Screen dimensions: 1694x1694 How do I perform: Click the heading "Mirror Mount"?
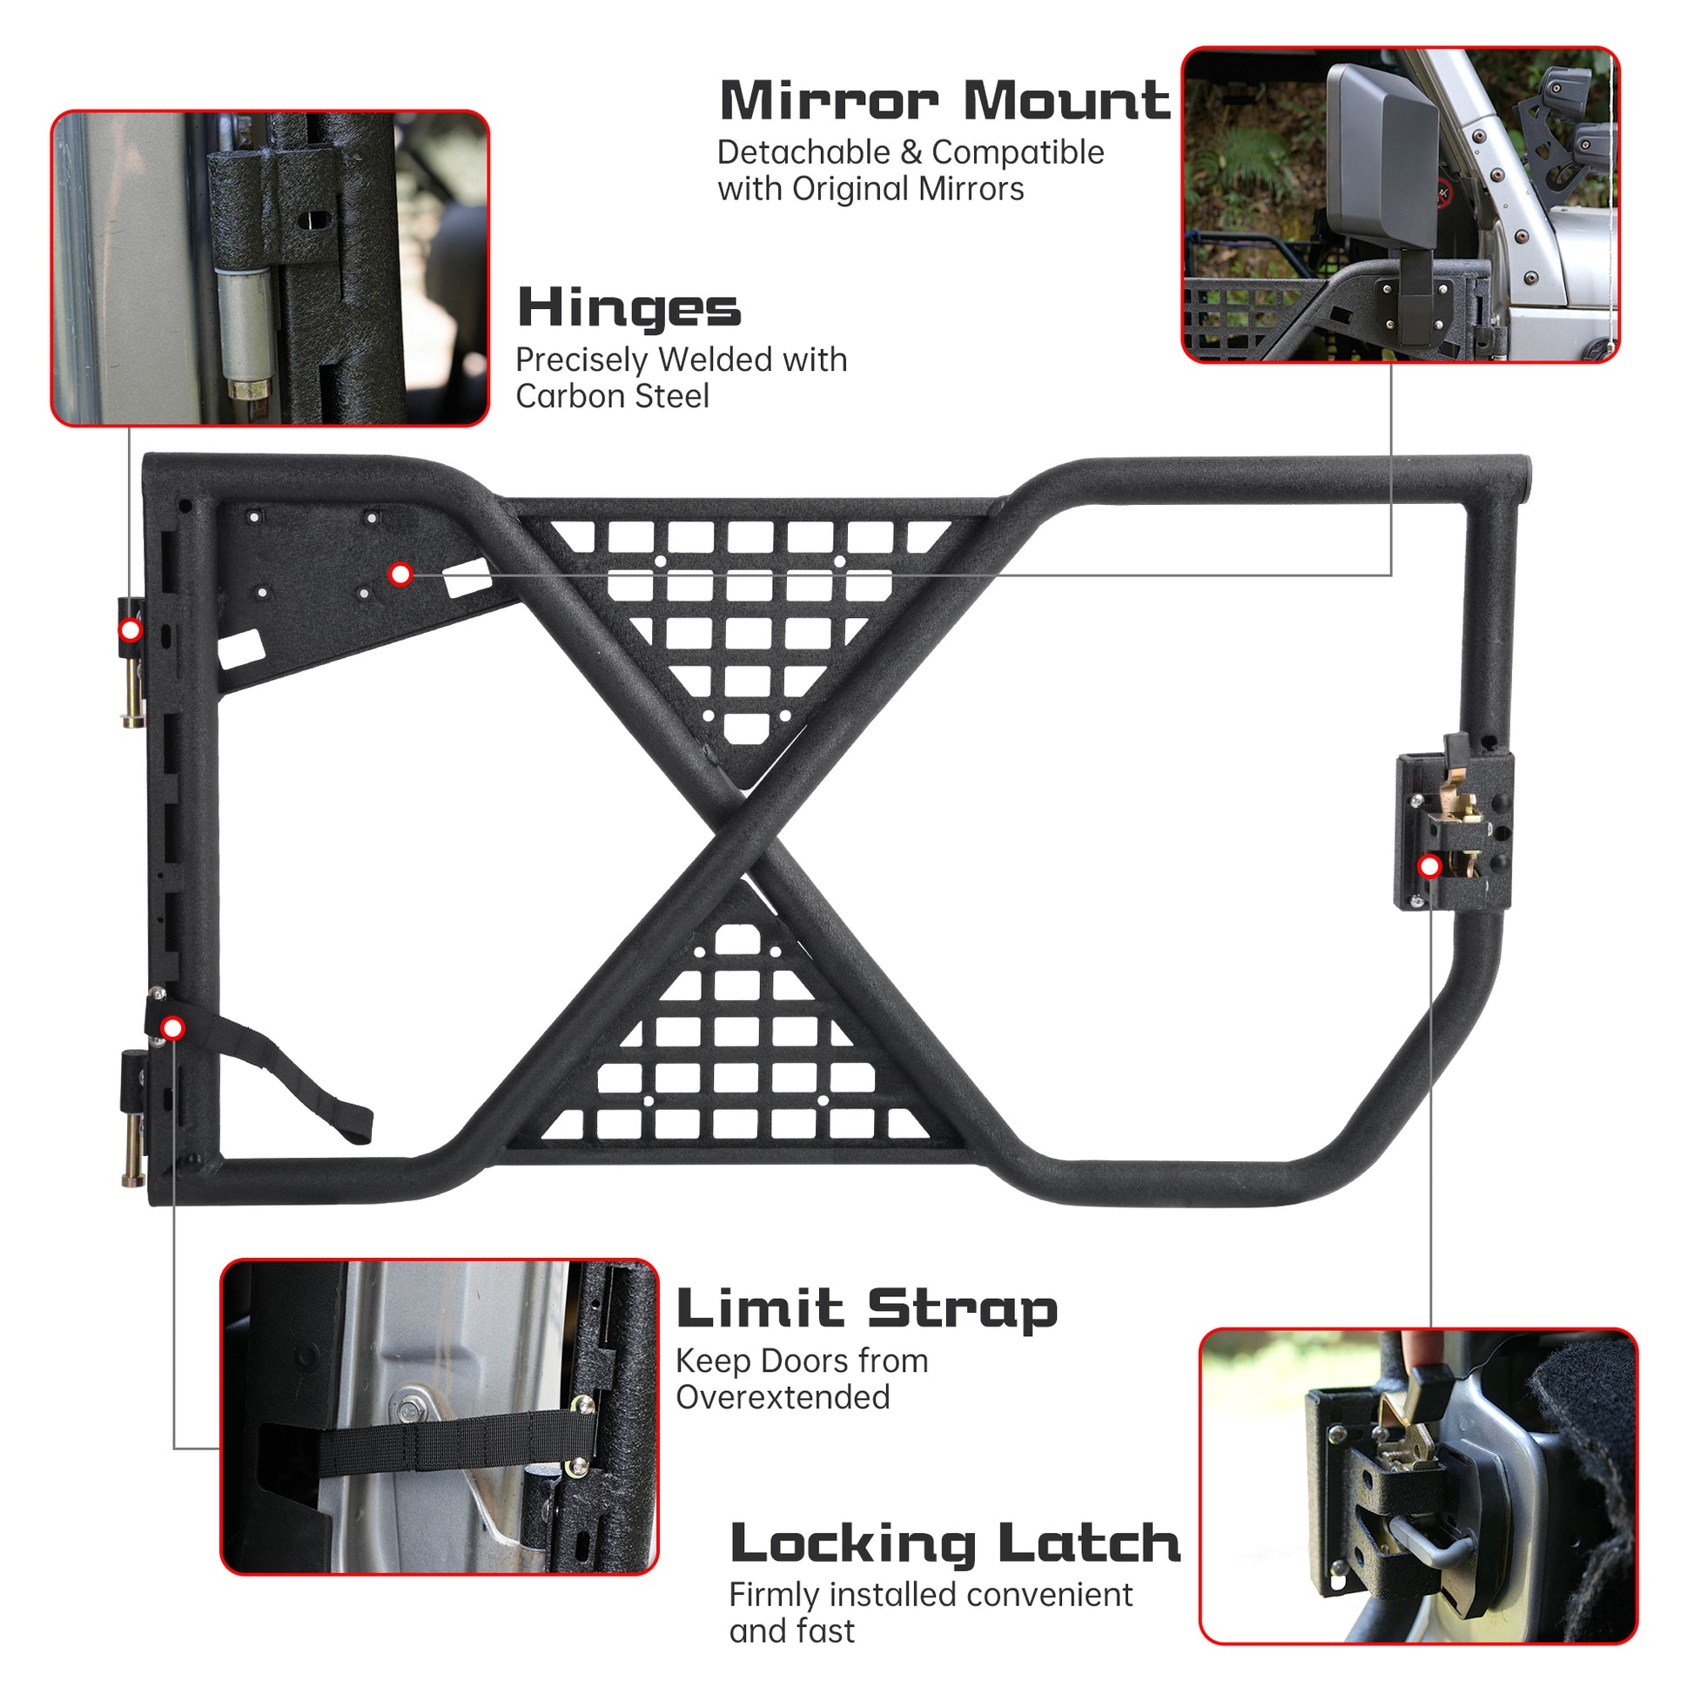click(944, 101)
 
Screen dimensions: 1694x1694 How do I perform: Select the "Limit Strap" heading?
click(866, 1310)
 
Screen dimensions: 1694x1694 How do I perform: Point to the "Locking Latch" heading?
click(955, 1544)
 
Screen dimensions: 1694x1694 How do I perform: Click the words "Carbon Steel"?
click(612, 396)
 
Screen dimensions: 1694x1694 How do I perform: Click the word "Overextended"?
click(782, 1397)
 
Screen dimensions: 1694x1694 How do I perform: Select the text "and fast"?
click(791, 1630)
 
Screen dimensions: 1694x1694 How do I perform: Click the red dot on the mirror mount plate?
click(400, 575)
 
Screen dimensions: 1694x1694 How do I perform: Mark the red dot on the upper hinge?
click(130, 629)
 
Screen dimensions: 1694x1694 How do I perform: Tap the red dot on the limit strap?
click(172, 1027)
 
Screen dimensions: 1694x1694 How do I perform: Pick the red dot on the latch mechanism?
click(1430, 867)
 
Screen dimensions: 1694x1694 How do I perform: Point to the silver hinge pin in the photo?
click(246, 329)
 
